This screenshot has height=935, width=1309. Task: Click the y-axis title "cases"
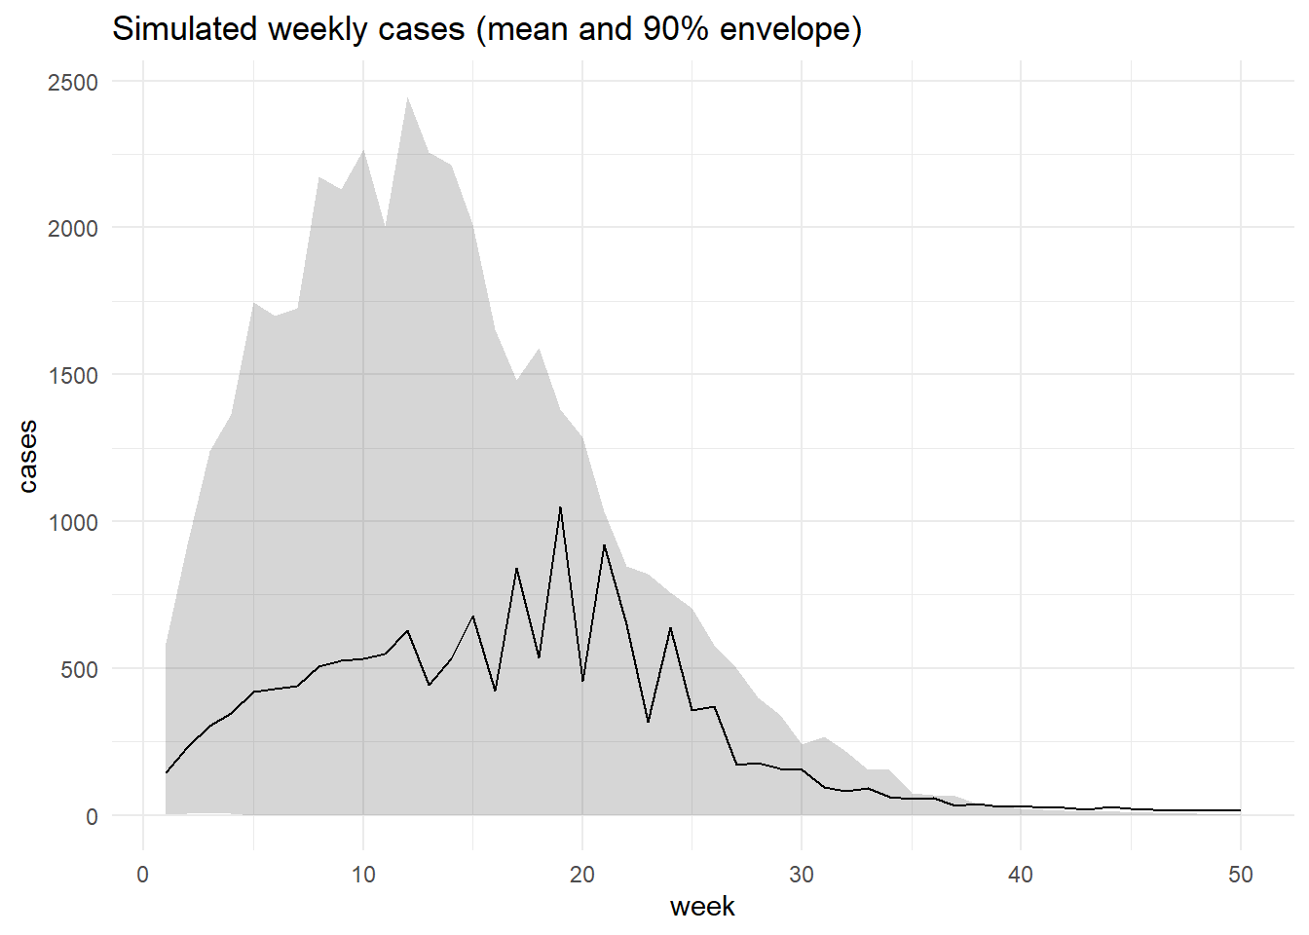[27, 456]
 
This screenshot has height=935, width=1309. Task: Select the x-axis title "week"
[702, 907]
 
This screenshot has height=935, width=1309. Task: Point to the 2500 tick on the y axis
[73, 83]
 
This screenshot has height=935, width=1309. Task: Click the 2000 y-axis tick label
[73, 229]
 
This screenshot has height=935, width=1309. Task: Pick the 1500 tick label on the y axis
[73, 376]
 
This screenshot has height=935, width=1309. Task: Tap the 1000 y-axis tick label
[73, 523]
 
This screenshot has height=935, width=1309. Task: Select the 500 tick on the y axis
[79, 670]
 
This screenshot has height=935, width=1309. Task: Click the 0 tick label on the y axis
[92, 817]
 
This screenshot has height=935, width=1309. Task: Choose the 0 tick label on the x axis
[143, 875]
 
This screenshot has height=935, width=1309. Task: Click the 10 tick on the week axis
[362, 875]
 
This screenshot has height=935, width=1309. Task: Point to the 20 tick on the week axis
[582, 875]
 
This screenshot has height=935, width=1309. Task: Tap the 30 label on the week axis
[802, 875]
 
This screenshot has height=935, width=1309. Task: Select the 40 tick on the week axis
[1021, 875]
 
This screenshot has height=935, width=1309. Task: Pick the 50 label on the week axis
[1241, 875]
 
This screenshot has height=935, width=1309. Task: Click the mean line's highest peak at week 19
[560, 507]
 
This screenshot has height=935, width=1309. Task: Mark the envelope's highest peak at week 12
[407, 96]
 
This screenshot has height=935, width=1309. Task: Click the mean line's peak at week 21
[605, 545]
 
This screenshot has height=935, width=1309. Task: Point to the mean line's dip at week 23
[649, 722]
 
